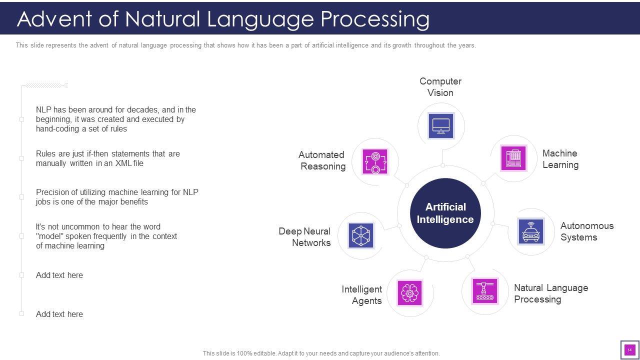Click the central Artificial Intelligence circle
pos(445,213)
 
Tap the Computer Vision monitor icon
pos(441,125)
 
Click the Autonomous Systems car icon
pos(531,231)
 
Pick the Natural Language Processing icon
pos(485,291)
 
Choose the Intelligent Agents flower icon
pos(409,293)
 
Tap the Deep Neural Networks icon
pos(361,235)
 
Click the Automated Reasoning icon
pos(375,161)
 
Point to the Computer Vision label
pos(440,87)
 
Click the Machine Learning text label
pos(560,159)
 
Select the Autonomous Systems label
pos(587,231)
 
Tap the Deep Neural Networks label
pos(304,237)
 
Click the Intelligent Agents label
pos(361,295)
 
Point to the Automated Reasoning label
pos(322,160)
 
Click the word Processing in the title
pos(374,19)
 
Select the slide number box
pos(629,349)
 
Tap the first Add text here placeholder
pos(59,275)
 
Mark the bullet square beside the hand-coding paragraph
pos(21,119)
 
